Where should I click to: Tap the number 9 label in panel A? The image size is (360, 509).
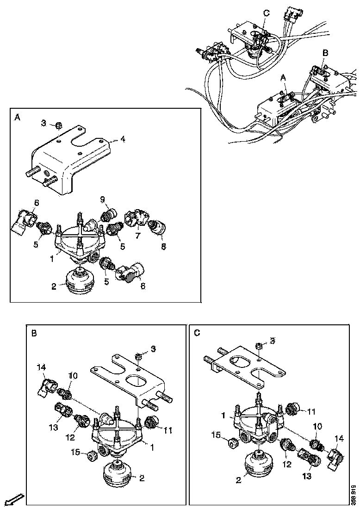(x=103, y=199)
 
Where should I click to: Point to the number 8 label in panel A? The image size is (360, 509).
(x=163, y=247)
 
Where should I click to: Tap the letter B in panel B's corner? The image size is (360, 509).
(x=33, y=333)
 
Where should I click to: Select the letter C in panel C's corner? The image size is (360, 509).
(x=198, y=333)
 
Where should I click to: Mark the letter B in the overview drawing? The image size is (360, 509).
(x=325, y=53)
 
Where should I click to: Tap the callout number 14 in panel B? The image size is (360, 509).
(x=42, y=367)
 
